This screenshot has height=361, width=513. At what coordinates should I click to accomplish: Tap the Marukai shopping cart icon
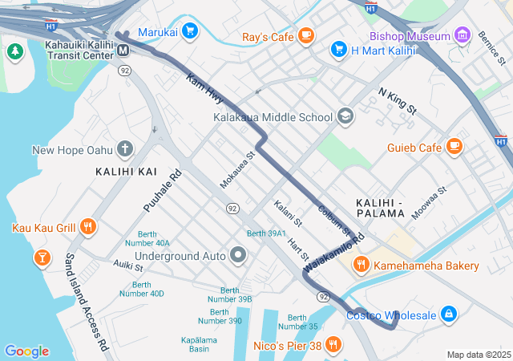189,31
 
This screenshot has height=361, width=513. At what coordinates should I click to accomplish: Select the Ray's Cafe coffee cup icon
305,35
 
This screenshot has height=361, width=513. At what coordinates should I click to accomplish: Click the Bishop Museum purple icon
462,35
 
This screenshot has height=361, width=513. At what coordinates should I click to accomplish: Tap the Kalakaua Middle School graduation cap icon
345,116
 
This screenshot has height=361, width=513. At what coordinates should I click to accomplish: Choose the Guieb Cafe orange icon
454,146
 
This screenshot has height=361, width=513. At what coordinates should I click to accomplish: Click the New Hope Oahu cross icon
124,148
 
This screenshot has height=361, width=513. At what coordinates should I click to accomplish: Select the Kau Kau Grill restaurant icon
88,227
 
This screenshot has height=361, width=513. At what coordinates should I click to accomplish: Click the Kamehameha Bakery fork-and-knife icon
362,264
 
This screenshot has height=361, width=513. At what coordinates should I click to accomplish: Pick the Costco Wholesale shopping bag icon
449,314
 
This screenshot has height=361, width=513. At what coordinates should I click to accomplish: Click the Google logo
26,351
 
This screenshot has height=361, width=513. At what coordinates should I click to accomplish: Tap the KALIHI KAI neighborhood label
126,172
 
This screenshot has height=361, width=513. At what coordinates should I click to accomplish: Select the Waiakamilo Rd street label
335,252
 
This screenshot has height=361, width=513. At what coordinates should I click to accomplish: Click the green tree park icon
14,52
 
